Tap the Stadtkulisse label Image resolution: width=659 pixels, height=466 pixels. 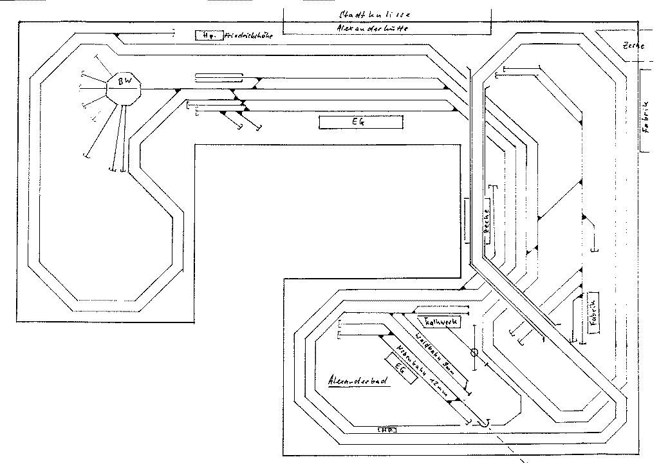coord(375,14)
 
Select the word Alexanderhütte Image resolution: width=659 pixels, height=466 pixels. coord(373,28)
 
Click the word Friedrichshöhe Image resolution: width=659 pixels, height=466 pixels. coord(249,36)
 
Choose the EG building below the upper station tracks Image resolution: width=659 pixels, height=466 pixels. coord(360,122)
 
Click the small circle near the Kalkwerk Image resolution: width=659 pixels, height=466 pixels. coord(475,353)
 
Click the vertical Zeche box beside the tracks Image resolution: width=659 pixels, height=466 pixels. coord(487,223)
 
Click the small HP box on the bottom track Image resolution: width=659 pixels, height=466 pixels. coord(387,429)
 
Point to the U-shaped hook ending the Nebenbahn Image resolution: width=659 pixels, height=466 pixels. coord(484,423)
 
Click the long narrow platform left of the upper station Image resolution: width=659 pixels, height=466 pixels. coord(219,78)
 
